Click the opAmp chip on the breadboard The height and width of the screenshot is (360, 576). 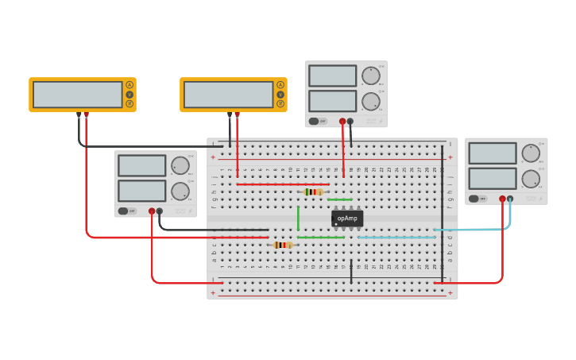[347, 219]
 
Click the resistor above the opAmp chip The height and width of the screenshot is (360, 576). [314, 192]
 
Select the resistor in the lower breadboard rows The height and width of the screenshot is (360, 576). [282, 245]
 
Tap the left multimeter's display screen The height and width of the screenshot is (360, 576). [77, 95]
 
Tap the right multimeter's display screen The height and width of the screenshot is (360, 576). [228, 95]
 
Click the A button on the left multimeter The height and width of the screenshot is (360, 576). [130, 85]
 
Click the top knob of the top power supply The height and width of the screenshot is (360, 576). [370, 76]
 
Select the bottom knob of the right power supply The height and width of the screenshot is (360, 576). [531, 179]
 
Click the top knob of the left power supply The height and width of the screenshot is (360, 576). [180, 165]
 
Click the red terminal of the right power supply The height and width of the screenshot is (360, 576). [502, 199]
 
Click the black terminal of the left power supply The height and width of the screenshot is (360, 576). [160, 211]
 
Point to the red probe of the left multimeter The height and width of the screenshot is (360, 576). [86, 115]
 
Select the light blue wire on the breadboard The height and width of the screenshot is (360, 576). [397, 237]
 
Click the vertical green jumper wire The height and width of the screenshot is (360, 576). [298, 218]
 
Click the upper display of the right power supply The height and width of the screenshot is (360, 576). [492, 153]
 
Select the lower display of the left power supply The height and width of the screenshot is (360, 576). [141, 191]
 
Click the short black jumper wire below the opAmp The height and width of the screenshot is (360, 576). [351, 271]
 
